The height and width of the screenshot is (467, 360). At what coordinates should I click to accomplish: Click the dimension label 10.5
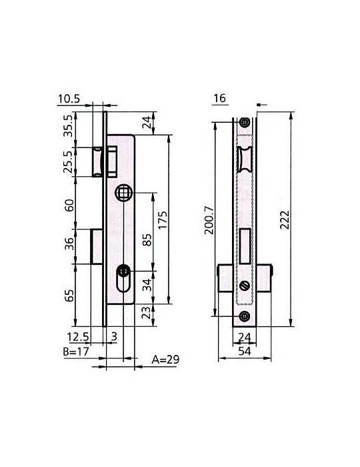(69, 99)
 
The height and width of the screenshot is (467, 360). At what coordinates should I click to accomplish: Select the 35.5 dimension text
(69, 125)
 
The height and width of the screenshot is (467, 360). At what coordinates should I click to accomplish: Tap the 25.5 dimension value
(69, 161)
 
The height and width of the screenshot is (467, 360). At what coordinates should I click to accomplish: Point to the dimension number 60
(69, 205)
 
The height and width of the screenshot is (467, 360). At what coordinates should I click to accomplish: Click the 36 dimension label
(69, 244)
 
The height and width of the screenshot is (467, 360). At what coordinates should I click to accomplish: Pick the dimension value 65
(69, 295)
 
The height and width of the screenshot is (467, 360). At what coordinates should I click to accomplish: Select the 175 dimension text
(163, 220)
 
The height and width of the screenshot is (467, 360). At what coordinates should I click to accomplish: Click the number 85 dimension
(147, 240)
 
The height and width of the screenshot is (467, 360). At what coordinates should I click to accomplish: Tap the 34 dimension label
(147, 285)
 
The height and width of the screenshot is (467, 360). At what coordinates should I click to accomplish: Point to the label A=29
(165, 360)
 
